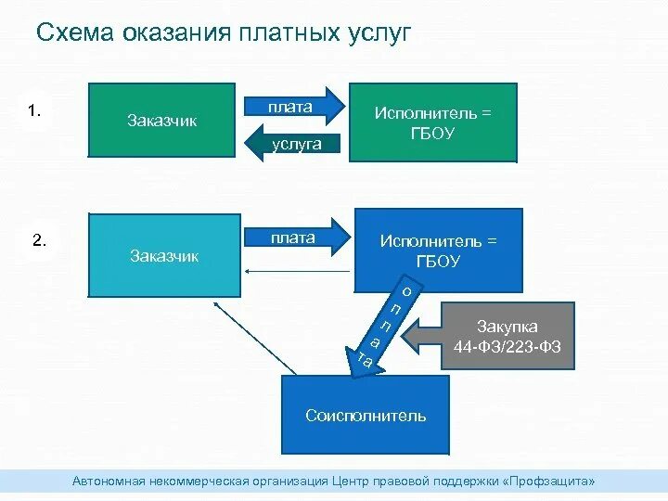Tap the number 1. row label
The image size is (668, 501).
[34, 111]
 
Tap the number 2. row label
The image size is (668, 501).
[39, 240]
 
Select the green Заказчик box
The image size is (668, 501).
[161, 121]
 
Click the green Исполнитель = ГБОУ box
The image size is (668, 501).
[431, 122]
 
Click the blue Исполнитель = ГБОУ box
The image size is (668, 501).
[438, 250]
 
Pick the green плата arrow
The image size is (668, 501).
[292, 108]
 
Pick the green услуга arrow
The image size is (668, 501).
[292, 144]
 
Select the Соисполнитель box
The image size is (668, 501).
[366, 415]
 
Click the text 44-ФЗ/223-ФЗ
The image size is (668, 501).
[507, 346]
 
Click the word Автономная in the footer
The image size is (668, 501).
[110, 481]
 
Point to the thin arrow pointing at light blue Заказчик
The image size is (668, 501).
[297, 271]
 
